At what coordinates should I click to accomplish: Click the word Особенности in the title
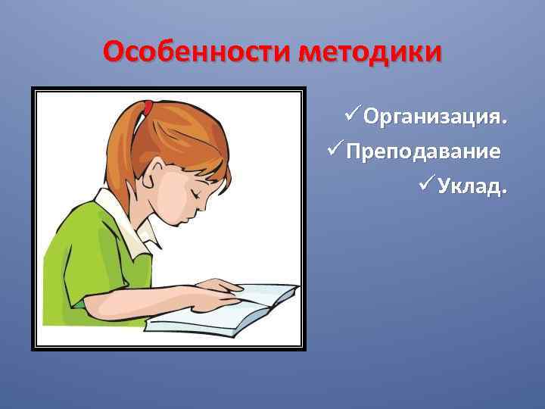(198, 52)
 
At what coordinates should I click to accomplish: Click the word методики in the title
(370, 52)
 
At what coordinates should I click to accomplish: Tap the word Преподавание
(423, 151)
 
